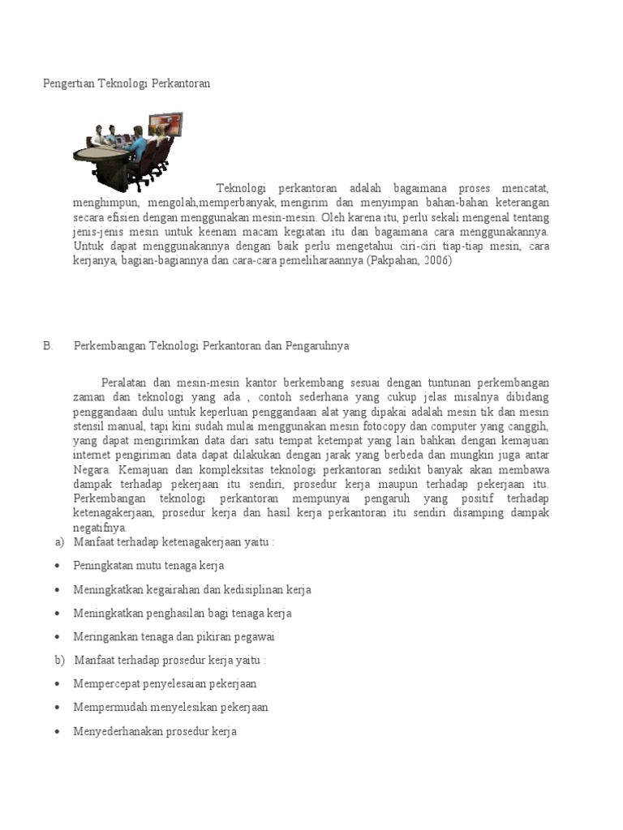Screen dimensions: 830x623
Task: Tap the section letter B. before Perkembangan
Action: tap(48, 345)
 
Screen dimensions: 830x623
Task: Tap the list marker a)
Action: tap(59, 541)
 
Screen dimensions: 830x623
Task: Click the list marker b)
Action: tap(59, 661)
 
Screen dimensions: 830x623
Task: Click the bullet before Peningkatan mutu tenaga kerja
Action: tap(58, 566)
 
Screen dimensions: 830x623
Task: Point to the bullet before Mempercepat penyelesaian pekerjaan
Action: tap(58, 684)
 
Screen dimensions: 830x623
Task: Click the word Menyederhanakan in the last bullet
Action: tap(117, 732)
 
